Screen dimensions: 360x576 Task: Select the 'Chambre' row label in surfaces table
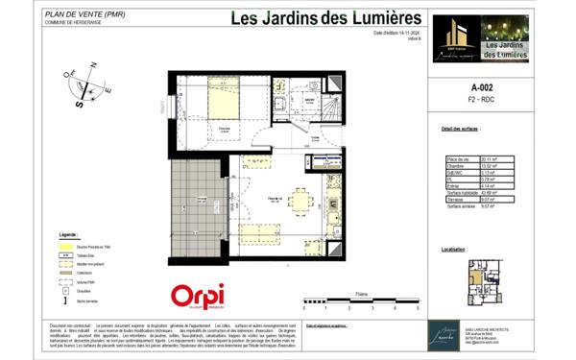pos(455,165)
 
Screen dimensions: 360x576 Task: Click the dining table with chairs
pos(300,202)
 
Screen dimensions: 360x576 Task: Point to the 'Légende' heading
pos(68,233)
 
